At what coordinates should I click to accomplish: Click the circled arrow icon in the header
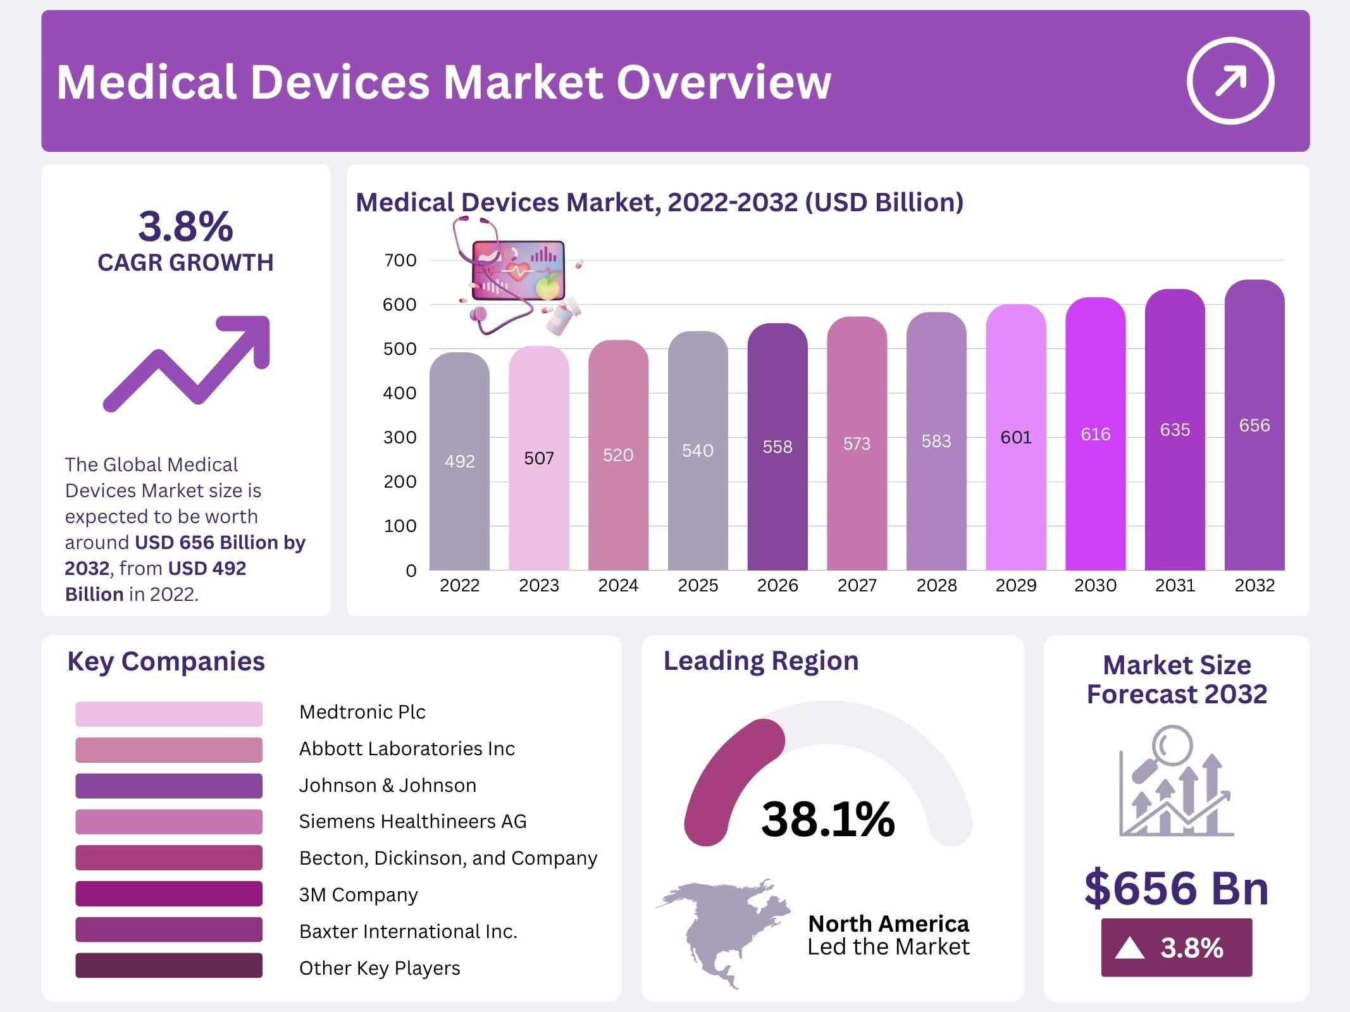click(x=1230, y=81)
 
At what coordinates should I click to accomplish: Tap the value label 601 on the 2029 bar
click(x=1015, y=437)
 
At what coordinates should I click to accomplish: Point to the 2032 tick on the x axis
click(x=1254, y=586)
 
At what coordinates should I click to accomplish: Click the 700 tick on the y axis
click(x=400, y=260)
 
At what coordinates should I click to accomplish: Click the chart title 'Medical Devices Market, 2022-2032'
click(x=659, y=202)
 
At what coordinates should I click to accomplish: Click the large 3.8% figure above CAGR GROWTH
click(x=185, y=226)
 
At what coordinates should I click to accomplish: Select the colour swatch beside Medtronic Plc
click(x=168, y=713)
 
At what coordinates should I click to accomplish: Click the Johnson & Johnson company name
click(x=387, y=786)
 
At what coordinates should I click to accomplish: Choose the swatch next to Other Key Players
click(x=168, y=966)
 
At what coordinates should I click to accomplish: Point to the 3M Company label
click(x=358, y=895)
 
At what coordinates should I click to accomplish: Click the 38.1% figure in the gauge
click(x=827, y=820)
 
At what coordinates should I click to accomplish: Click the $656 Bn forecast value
click(x=1176, y=888)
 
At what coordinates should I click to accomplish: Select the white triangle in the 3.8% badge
click(x=1129, y=948)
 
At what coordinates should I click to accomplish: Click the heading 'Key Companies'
click(x=166, y=662)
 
